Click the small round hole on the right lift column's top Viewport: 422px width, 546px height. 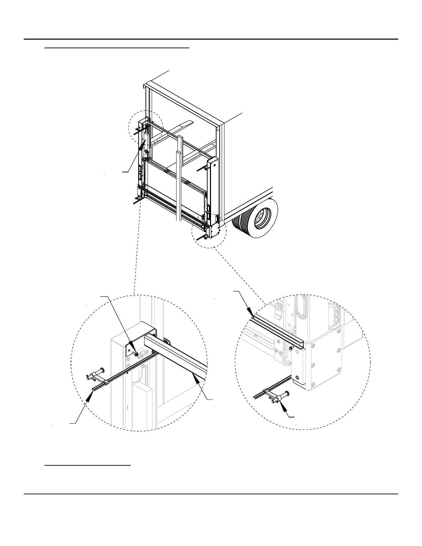click(214, 165)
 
